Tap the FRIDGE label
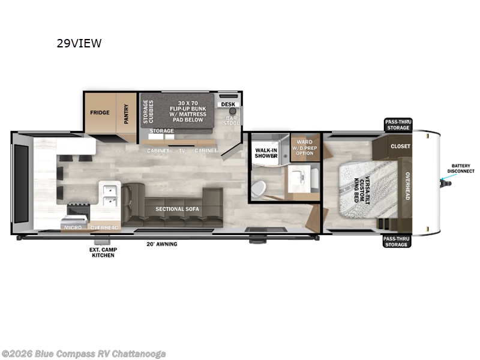tap(100, 112)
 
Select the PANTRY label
tap(127, 112)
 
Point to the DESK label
tap(228, 104)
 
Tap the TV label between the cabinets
tap(181, 150)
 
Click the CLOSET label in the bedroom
tap(400, 146)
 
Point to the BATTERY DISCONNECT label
tap(463, 168)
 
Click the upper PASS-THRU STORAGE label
tap(397, 125)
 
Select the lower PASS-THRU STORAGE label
tap(397, 241)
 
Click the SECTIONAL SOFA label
tap(177, 209)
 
